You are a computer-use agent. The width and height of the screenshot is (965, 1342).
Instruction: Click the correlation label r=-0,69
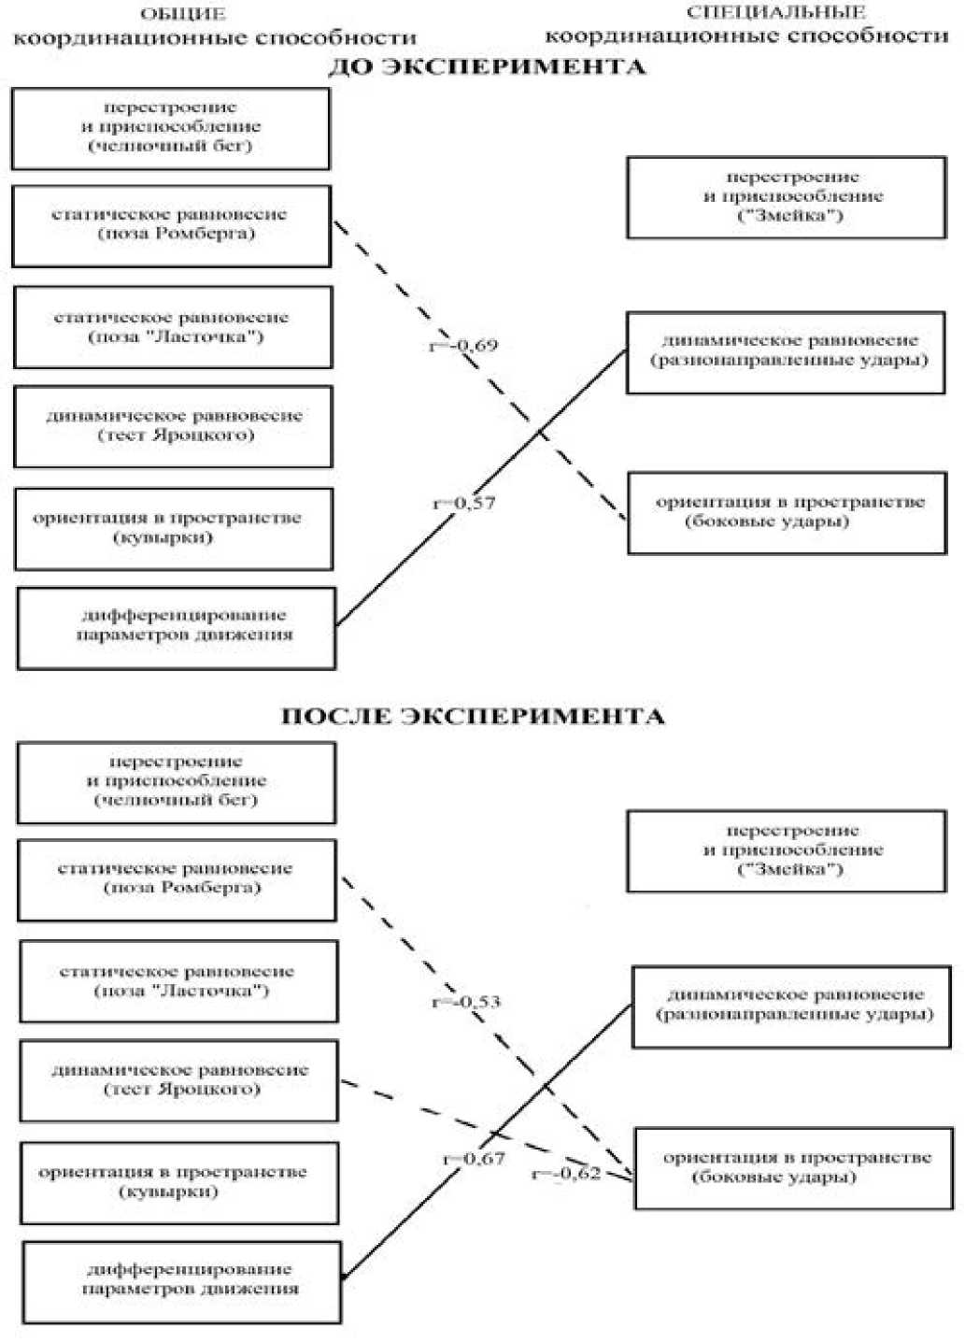tap(463, 346)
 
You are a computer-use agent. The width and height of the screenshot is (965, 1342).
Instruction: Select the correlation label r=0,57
tap(464, 504)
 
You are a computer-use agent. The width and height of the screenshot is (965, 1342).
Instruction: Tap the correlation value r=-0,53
tap(466, 1002)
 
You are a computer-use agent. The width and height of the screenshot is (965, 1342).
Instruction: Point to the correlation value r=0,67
tap(474, 1159)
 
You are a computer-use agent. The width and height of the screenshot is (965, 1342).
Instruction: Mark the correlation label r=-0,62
tap(566, 1174)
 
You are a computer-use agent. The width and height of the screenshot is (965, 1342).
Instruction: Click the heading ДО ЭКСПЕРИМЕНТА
tap(486, 67)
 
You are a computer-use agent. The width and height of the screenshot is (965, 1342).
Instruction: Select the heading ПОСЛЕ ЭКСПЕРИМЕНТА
tap(473, 717)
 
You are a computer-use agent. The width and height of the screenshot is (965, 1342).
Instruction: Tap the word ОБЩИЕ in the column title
tap(183, 14)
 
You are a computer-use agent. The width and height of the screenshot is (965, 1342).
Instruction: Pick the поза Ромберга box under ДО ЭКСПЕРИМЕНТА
tap(171, 225)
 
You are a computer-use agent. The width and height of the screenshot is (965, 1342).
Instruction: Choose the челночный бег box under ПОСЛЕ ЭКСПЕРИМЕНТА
tap(176, 782)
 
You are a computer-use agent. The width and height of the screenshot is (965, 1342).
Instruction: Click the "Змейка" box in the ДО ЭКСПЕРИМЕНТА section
tap(786, 197)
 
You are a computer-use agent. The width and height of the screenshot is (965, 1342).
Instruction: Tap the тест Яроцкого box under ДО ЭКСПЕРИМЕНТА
tap(173, 426)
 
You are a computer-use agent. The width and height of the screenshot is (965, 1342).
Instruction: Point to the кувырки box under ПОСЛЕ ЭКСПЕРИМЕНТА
tap(178, 1182)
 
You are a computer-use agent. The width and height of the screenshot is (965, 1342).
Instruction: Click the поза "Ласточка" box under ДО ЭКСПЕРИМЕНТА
tap(173, 327)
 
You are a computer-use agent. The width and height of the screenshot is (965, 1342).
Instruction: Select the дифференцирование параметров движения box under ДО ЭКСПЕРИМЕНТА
tap(176, 627)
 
